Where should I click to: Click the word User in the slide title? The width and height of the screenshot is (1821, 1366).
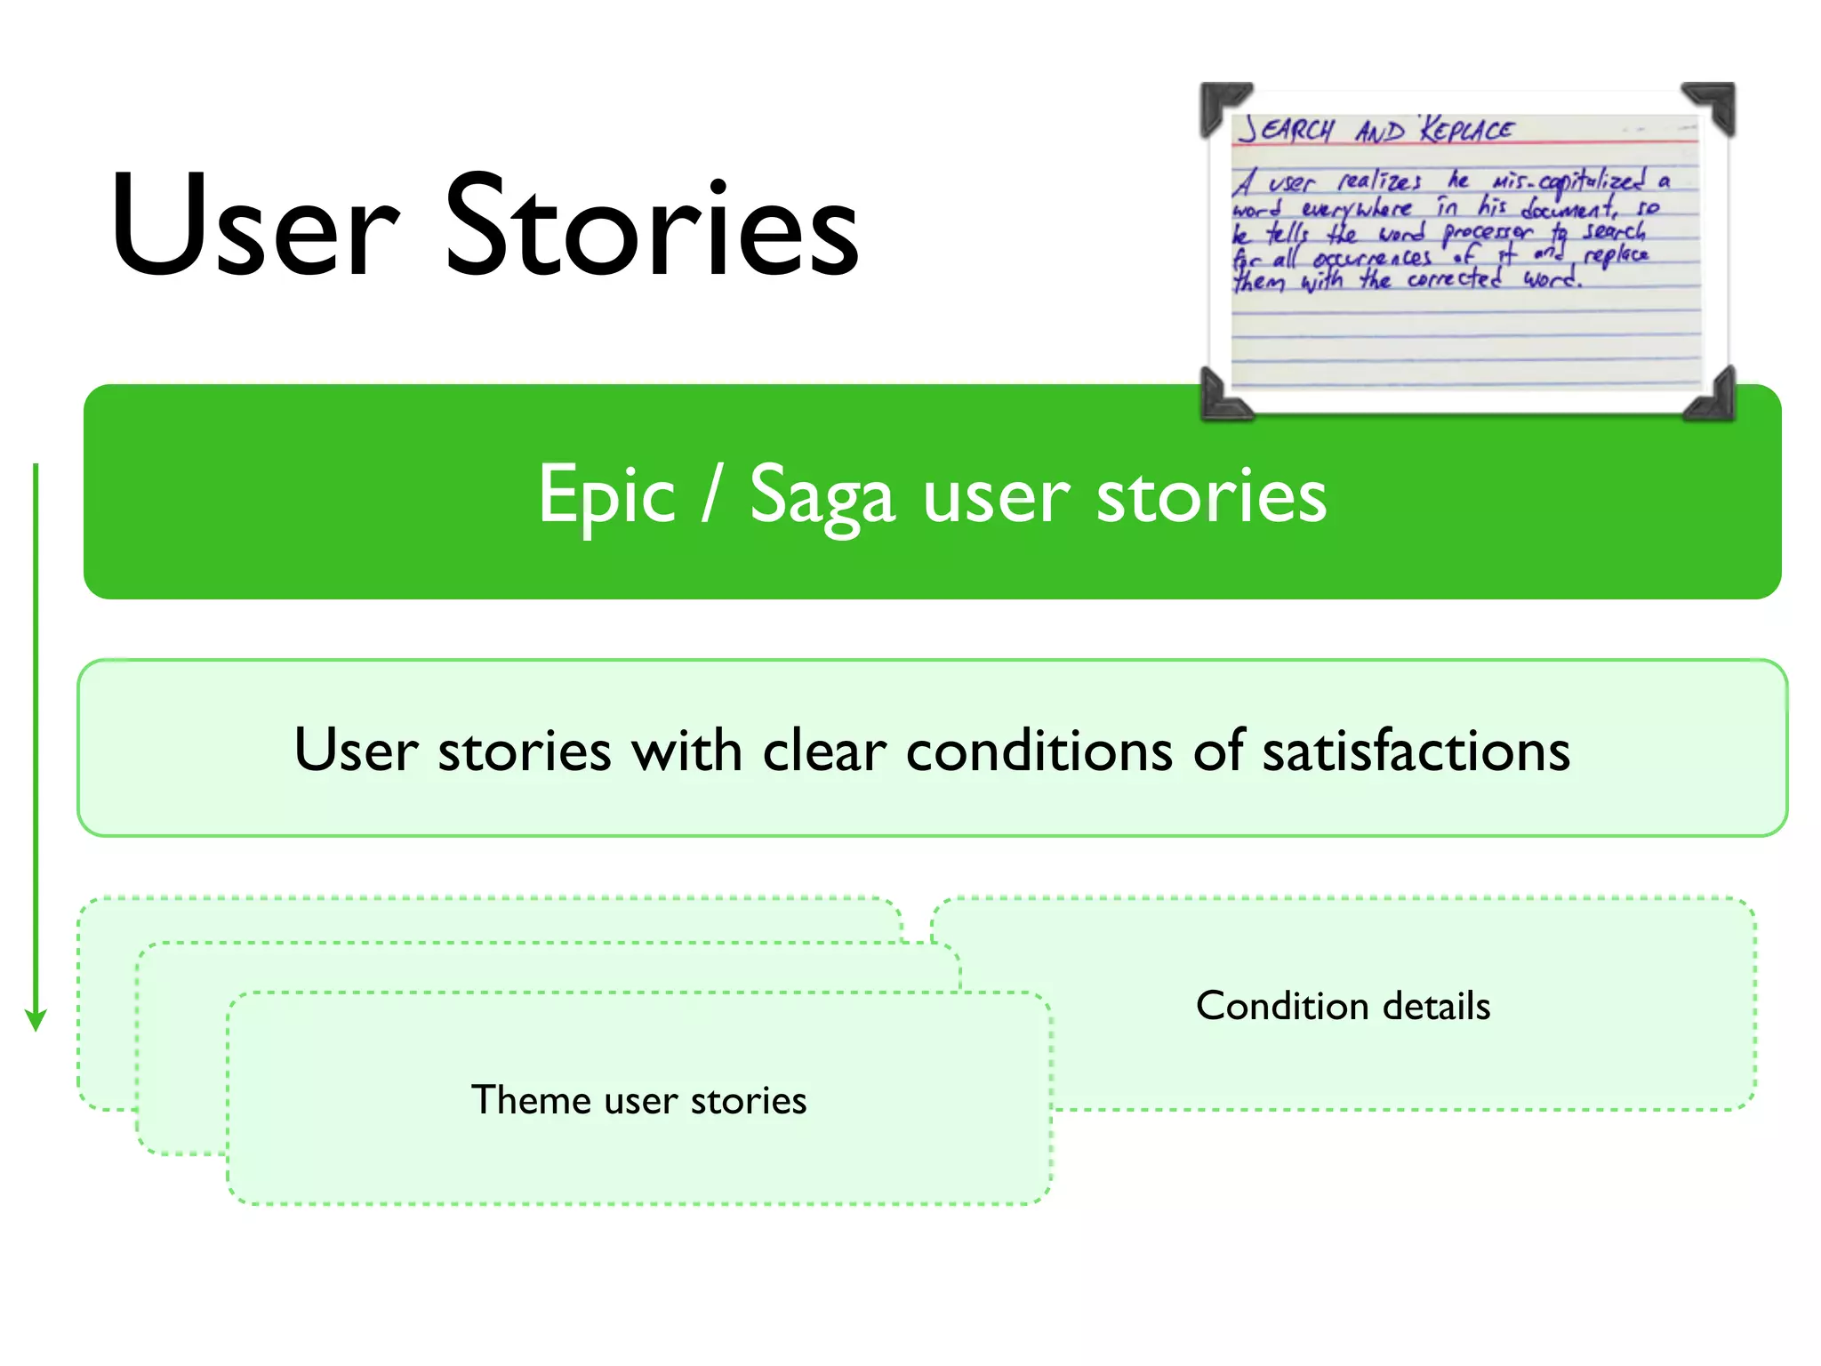pos(255,227)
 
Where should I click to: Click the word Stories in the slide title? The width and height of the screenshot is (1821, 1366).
pos(651,227)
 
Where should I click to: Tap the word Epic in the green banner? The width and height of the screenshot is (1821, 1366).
pos(606,496)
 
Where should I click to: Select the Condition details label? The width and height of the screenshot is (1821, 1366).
pos(1343,1006)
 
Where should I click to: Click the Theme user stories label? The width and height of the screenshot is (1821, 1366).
pos(638,1100)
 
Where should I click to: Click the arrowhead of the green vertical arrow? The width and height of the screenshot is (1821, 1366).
pos(36,1020)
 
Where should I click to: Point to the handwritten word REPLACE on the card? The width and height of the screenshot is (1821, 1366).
pos(1466,130)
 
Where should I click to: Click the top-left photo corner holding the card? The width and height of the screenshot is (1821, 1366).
pos(1222,106)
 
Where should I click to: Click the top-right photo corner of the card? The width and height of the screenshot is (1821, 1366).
pos(1712,106)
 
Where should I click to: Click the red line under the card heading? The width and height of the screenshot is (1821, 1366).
pos(1467,143)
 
